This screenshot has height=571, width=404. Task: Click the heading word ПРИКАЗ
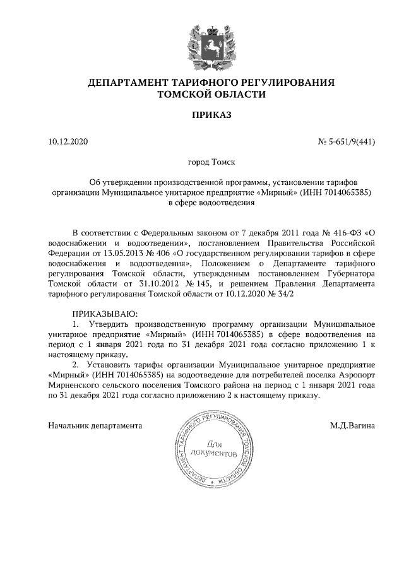point(211,115)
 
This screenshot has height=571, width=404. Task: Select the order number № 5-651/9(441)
point(347,142)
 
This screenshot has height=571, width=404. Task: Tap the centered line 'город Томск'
point(211,162)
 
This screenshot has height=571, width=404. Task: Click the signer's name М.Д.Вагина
point(352,426)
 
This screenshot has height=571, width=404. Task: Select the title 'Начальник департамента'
point(95,426)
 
